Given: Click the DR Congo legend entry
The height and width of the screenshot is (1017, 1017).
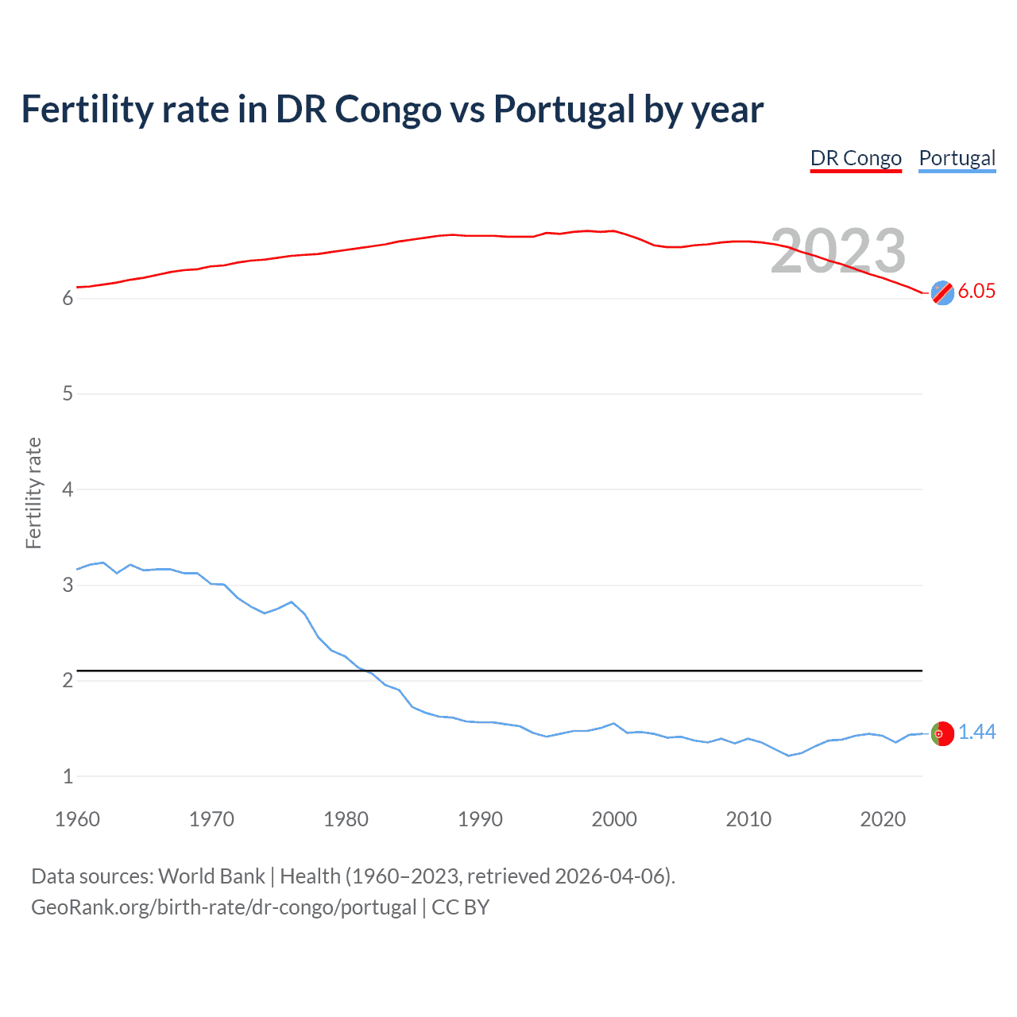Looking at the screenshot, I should pyautogui.click(x=856, y=158).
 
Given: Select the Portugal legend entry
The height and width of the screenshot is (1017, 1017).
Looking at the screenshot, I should pyautogui.click(x=957, y=158).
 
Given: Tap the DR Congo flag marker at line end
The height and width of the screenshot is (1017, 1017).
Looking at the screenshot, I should pyautogui.click(x=942, y=292).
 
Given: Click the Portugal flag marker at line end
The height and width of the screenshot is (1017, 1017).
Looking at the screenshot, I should pyautogui.click(x=942, y=733).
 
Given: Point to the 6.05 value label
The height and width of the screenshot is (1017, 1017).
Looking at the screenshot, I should pyautogui.click(x=976, y=291).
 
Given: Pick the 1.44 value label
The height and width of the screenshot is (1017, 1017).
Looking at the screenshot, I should pyautogui.click(x=976, y=732).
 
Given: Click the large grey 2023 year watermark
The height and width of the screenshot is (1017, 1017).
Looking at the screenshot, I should pyautogui.click(x=838, y=251).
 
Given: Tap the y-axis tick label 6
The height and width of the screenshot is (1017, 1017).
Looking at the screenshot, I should pyautogui.click(x=68, y=298).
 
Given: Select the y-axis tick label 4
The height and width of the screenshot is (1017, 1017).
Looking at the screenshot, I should pyautogui.click(x=68, y=489).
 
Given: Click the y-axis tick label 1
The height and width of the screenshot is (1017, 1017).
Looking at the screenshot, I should pyautogui.click(x=68, y=776).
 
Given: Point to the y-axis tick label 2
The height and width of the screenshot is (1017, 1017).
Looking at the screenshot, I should pyautogui.click(x=68, y=681).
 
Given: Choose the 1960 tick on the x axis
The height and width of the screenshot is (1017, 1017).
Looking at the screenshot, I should pyautogui.click(x=77, y=819).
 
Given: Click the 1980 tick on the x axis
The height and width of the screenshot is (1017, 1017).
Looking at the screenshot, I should pyautogui.click(x=346, y=819).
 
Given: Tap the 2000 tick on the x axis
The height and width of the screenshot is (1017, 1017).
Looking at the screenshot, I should pyautogui.click(x=614, y=819).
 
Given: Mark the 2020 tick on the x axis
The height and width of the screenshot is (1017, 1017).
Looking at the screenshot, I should pyautogui.click(x=883, y=819).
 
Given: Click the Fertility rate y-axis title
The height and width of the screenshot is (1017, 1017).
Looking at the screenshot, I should pyautogui.click(x=33, y=493).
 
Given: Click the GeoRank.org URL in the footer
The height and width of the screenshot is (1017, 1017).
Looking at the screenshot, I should pyautogui.click(x=223, y=907).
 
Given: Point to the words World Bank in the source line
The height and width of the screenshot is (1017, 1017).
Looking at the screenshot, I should pyautogui.click(x=211, y=876).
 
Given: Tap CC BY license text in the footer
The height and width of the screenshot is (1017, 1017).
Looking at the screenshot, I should pyautogui.click(x=461, y=907).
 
